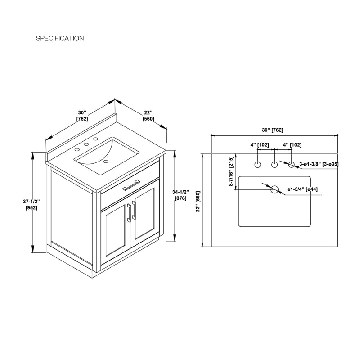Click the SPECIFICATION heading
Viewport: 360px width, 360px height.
[60, 38]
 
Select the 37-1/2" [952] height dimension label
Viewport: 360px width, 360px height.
[31, 205]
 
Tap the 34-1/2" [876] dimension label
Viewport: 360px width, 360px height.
[181, 195]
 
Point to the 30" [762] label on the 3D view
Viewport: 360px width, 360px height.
[82, 116]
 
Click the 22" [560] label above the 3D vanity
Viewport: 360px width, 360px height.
[148, 116]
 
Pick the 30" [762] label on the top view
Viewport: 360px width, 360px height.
[273, 130]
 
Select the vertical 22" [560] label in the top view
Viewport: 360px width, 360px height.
[198, 201]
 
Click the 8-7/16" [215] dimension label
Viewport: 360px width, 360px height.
[231, 171]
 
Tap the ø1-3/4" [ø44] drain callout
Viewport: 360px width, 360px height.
[302, 189]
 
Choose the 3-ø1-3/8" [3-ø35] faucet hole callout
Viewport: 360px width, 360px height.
[319, 164]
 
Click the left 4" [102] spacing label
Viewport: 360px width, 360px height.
[260, 145]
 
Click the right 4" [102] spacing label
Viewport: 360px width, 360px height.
[292, 145]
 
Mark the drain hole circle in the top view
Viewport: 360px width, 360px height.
[274, 189]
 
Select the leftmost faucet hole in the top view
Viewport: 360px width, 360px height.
[258, 165]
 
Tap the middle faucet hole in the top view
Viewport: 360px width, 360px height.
[274, 165]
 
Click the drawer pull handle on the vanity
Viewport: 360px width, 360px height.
[131, 185]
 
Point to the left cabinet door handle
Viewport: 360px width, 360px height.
[129, 213]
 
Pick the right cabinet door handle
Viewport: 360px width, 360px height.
[134, 210]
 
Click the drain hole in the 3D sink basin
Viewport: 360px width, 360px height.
[106, 162]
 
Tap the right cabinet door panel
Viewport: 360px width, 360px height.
[145, 214]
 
